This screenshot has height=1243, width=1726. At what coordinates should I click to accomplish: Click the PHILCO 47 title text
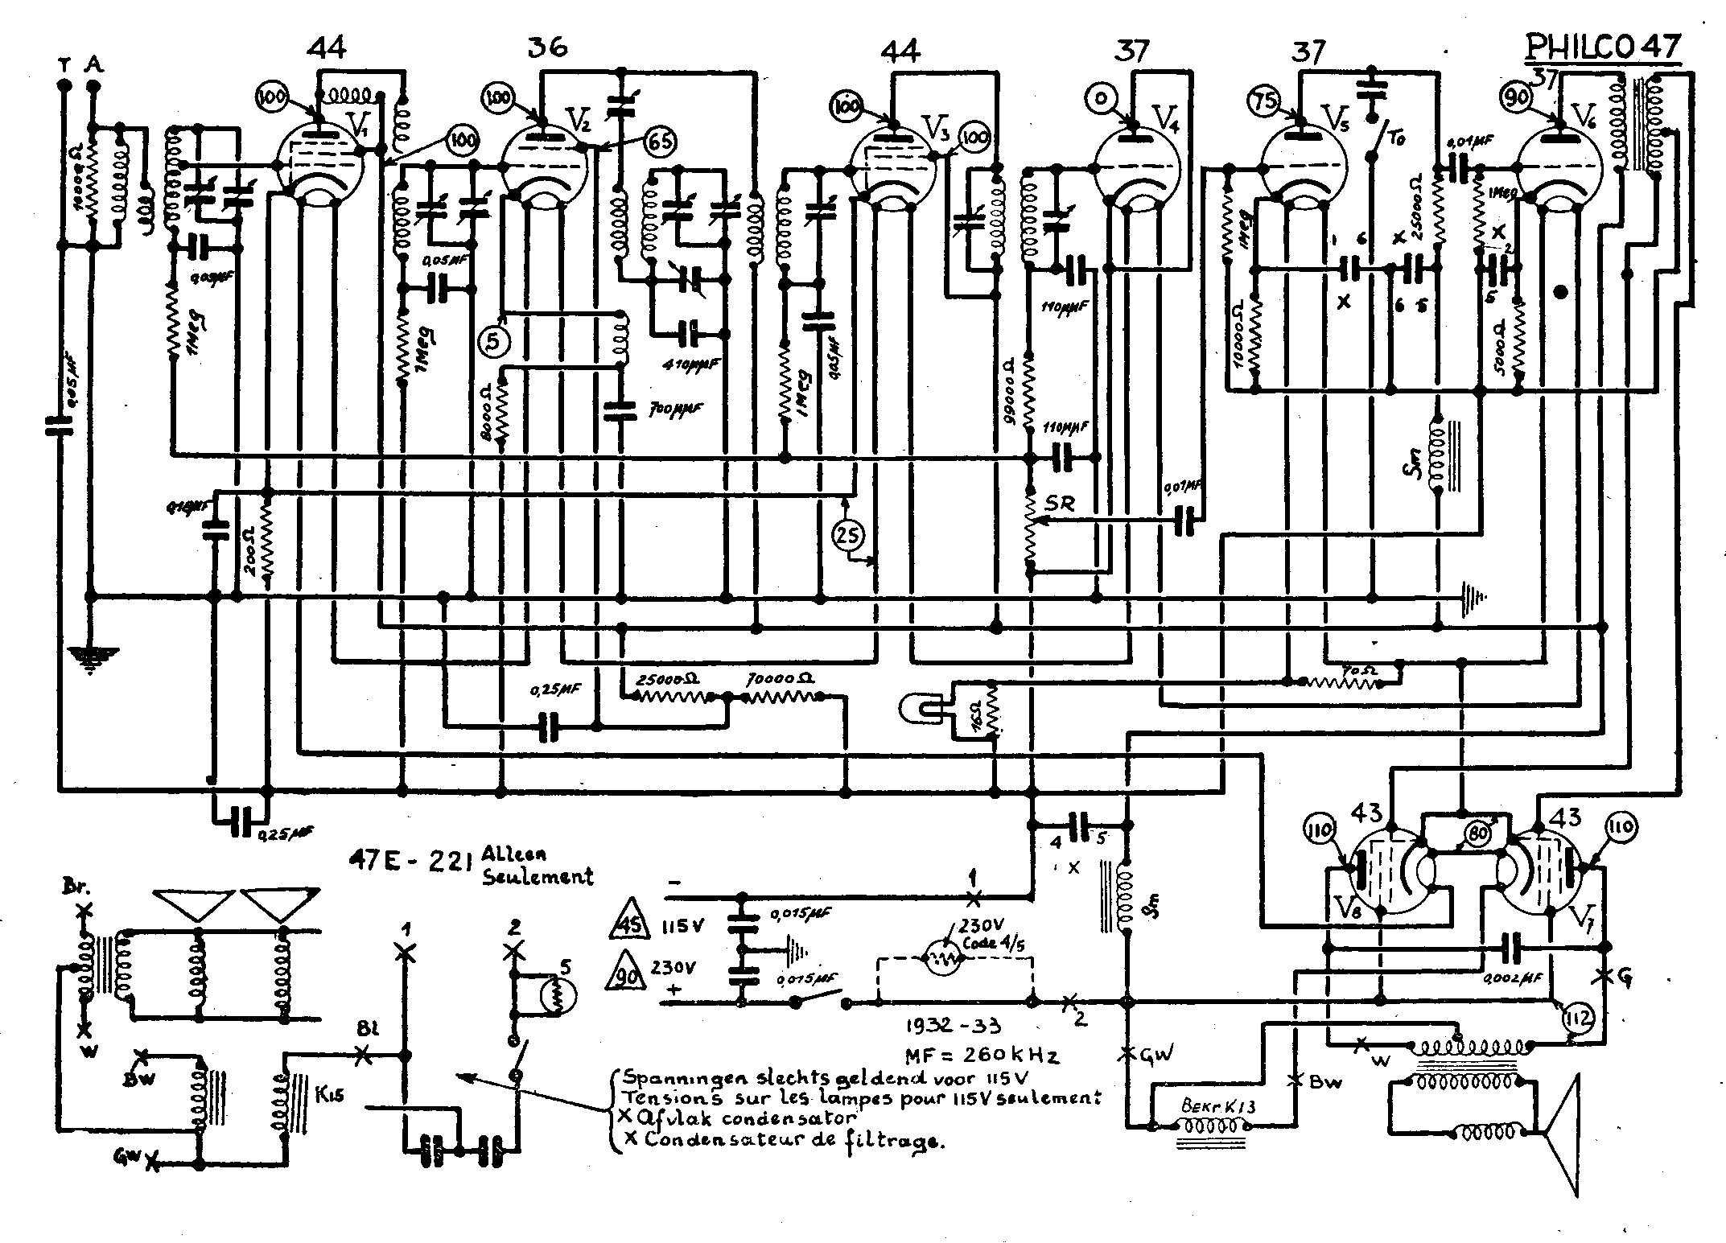1602,47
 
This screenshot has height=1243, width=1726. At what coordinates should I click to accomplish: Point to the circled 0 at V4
1098,98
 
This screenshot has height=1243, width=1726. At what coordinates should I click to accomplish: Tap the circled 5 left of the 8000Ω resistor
493,341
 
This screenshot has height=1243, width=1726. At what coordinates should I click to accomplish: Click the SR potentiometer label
1060,504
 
